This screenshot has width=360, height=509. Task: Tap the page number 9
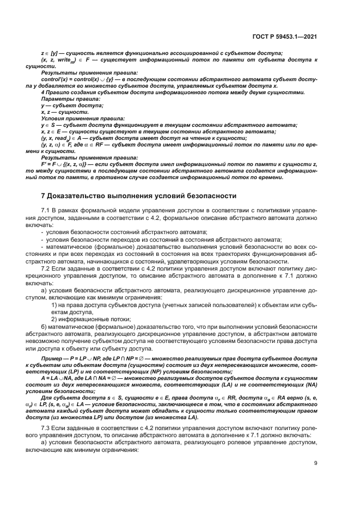(316, 463)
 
